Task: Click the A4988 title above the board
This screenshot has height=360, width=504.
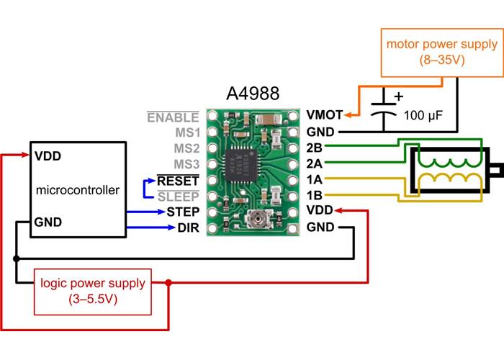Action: (x=252, y=94)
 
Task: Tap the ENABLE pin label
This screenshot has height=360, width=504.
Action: (x=173, y=117)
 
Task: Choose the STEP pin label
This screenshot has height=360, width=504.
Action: (x=182, y=212)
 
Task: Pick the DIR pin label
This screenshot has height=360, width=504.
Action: (x=187, y=229)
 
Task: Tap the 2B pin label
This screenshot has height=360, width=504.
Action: (x=314, y=148)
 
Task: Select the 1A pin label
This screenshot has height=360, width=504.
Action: (x=314, y=179)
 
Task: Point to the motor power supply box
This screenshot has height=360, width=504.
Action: (x=441, y=53)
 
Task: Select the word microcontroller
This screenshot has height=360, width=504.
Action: (x=76, y=191)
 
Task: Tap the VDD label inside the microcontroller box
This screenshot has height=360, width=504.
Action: (x=48, y=156)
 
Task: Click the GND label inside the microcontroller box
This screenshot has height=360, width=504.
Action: (x=48, y=224)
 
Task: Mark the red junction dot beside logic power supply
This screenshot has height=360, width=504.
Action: (x=168, y=283)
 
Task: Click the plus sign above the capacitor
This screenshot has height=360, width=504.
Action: (x=397, y=96)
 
